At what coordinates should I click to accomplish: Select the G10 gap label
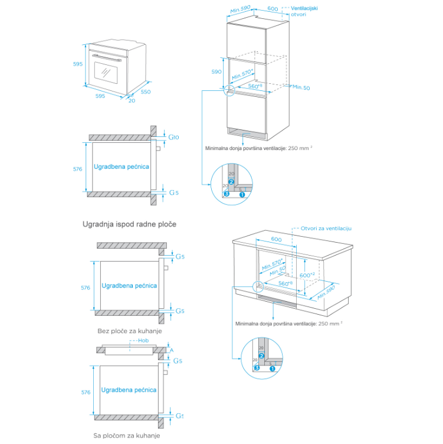[173, 138]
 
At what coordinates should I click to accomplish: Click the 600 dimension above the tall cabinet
[273, 9]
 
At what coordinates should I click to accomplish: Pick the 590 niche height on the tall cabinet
[216, 71]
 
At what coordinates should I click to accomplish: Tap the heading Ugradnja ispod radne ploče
[129, 224]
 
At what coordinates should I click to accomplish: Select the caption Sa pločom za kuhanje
[127, 435]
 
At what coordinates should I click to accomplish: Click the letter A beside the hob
[172, 350]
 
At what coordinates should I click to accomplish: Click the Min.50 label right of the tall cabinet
[300, 87]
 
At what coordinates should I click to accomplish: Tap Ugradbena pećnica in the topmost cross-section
[121, 167]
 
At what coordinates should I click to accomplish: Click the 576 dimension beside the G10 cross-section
[77, 169]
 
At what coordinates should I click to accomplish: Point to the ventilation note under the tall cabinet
[258, 148]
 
